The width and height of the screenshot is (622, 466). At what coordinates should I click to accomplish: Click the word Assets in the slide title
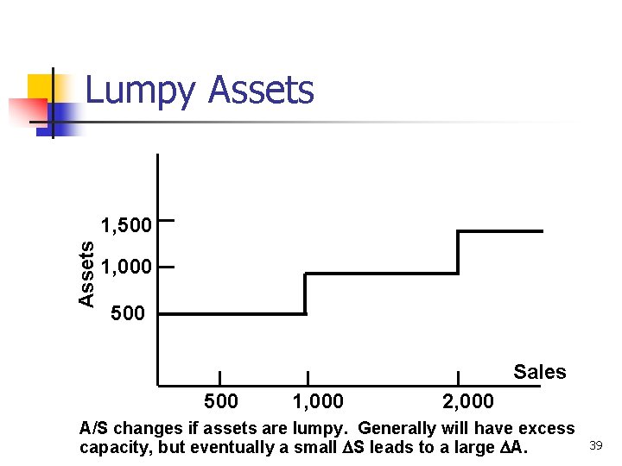coord(262,90)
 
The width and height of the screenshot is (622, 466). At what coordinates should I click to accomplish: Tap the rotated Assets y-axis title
coord(86,273)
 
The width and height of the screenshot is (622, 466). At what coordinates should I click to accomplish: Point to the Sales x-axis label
coord(539,372)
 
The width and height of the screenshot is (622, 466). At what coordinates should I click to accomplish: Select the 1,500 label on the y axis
coord(126,226)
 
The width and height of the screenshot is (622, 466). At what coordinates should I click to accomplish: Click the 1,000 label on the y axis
coord(126,268)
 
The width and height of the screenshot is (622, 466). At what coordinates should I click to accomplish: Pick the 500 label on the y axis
coord(129,312)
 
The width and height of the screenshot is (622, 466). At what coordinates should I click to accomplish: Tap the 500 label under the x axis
coord(221,401)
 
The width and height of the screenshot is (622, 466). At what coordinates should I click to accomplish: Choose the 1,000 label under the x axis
coord(318,401)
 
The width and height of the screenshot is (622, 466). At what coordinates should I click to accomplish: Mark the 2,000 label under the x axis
coord(467,401)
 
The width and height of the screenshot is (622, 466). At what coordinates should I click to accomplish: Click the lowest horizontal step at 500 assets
coord(232,314)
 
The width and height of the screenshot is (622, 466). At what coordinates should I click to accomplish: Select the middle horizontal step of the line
coord(381,274)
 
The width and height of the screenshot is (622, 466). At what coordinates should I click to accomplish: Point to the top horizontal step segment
coord(499,231)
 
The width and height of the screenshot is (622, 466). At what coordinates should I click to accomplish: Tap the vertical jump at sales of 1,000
coord(305,294)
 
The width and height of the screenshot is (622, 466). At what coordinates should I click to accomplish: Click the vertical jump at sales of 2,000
coord(458,252)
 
